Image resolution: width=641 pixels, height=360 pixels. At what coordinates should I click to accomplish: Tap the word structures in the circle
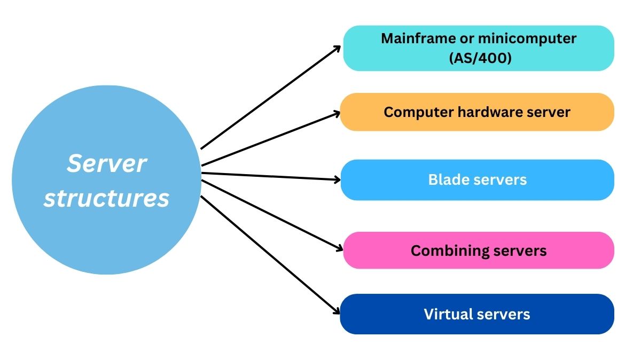(x=106, y=198)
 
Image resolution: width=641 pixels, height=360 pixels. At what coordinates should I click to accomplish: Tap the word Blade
(x=447, y=179)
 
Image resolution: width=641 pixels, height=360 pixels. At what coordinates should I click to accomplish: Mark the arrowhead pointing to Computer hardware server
(x=337, y=113)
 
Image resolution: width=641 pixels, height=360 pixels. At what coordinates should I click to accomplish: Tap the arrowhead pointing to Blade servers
(x=337, y=180)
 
